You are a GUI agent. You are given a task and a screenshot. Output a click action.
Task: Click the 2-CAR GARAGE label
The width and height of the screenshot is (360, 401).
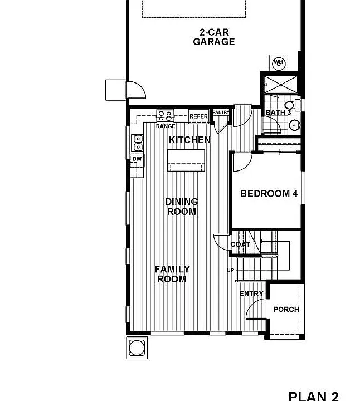click(x=214, y=37)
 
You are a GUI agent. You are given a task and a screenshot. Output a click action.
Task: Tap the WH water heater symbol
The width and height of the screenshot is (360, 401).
click(x=279, y=63)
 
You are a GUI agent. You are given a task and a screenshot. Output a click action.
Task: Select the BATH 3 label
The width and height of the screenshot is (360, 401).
click(x=279, y=113)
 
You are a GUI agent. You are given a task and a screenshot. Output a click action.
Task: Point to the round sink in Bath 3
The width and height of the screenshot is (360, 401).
click(x=294, y=125)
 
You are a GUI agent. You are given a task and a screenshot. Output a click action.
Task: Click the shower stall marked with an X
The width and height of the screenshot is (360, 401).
click(x=280, y=85)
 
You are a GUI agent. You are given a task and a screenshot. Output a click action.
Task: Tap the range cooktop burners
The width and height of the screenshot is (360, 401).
click(x=165, y=116)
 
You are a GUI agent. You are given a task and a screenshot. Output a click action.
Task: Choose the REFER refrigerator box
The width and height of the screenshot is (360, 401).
click(x=198, y=116)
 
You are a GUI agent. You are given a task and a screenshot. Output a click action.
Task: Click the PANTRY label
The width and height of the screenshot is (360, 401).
click(x=221, y=113)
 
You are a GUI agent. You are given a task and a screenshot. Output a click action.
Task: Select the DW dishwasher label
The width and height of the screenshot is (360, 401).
click(x=137, y=159)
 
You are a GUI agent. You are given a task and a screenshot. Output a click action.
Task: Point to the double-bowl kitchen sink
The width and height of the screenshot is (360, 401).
click(x=138, y=143)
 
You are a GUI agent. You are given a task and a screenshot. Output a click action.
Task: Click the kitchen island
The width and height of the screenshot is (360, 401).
click(x=186, y=160)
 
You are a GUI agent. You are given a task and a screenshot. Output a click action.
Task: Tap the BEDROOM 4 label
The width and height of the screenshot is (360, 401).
click(x=269, y=194)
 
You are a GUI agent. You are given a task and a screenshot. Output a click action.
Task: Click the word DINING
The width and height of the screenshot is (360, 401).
click(x=182, y=202)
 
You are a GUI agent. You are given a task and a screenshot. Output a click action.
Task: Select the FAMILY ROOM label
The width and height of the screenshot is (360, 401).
click(x=172, y=274)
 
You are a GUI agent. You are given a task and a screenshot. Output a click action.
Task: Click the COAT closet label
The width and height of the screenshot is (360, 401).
click(x=240, y=244)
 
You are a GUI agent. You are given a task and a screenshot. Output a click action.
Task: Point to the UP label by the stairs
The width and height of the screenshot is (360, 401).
click(x=230, y=270)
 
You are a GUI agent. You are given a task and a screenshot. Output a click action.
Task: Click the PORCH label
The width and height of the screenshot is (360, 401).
click(x=286, y=310)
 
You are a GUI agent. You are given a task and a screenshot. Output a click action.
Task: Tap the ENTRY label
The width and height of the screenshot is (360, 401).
click(x=251, y=294)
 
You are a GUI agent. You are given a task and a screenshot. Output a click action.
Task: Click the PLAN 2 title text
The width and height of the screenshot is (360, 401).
click(x=313, y=396)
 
